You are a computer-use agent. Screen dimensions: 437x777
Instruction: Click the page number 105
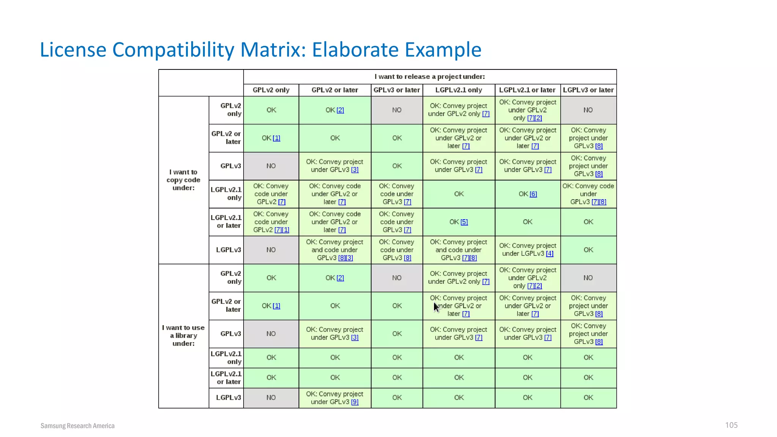(731, 425)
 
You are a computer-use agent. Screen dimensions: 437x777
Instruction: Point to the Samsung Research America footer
(77, 426)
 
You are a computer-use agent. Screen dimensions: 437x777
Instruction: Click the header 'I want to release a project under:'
(429, 77)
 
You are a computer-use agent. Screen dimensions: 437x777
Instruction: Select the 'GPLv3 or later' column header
(396, 90)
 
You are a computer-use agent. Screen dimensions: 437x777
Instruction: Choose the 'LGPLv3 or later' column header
(588, 90)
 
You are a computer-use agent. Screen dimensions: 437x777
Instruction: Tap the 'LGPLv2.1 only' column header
(458, 90)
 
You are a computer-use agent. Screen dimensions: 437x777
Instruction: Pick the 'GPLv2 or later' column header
(335, 90)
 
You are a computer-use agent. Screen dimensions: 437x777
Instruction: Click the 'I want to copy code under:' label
(183, 180)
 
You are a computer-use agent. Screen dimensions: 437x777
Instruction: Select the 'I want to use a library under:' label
(183, 335)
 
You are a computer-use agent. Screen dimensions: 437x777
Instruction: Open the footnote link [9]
(355, 402)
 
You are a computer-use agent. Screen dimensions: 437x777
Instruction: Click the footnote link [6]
(533, 194)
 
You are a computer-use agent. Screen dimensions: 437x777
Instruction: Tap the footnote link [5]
(464, 222)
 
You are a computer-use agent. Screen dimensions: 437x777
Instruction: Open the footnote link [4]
(549, 254)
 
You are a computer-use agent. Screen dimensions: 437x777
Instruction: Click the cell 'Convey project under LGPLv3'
(527, 250)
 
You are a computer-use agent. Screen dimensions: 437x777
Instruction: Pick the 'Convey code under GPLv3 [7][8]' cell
(588, 194)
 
